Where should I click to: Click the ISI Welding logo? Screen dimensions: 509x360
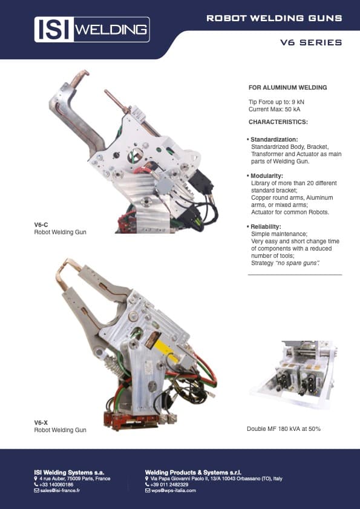[x=92, y=29]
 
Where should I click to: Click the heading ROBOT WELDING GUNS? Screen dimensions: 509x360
[x=274, y=18]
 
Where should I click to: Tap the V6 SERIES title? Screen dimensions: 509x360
[x=311, y=43]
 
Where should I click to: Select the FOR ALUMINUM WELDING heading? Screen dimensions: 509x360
[x=287, y=88]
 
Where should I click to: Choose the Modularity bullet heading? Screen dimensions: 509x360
[x=267, y=176]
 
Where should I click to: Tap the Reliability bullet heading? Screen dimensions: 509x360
[x=267, y=226]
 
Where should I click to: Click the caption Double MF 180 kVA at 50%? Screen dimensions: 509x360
[x=283, y=429]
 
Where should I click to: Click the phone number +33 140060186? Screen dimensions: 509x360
[x=57, y=484]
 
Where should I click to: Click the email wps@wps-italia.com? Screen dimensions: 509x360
[x=174, y=490]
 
